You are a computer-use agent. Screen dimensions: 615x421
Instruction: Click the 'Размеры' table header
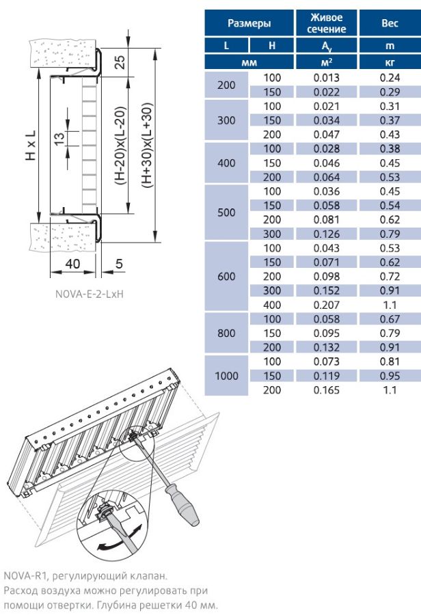click(x=249, y=23)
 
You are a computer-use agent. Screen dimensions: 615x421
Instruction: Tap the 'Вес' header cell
click(x=390, y=23)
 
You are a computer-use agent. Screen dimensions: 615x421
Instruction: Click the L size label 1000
click(x=226, y=375)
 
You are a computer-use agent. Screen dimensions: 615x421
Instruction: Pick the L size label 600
click(x=226, y=277)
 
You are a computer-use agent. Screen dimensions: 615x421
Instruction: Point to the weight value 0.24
click(x=390, y=77)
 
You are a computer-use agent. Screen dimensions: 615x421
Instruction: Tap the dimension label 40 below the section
click(x=73, y=263)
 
